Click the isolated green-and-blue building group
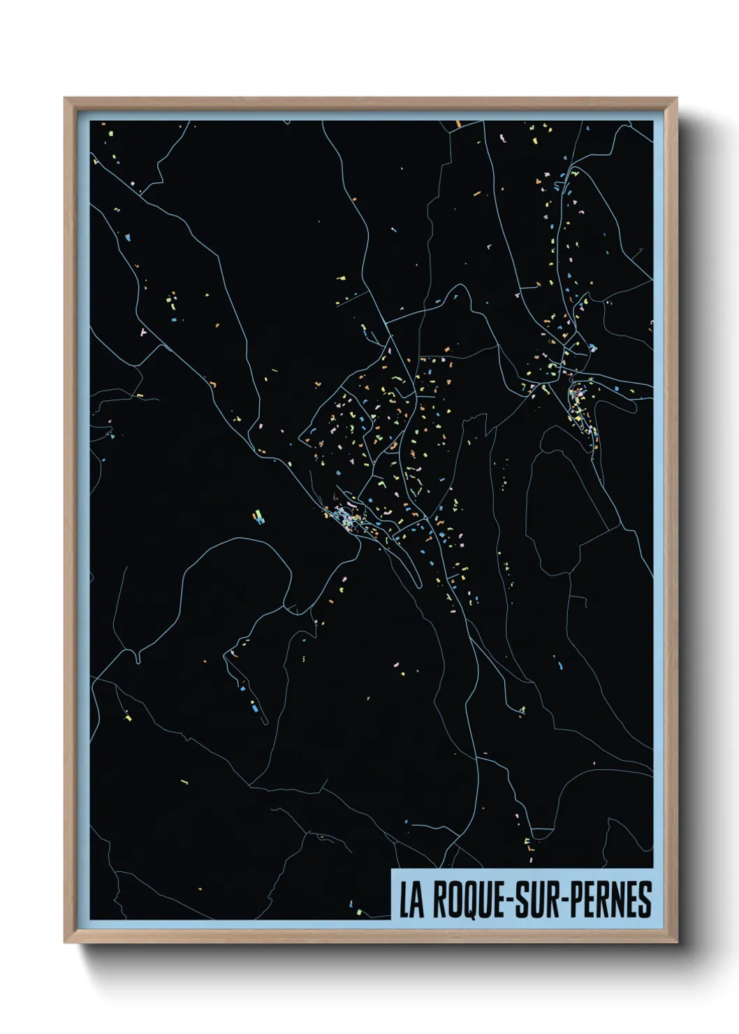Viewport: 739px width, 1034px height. pyautogui.click(x=259, y=518)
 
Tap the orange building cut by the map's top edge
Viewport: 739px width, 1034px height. pyautogui.click(x=459, y=124)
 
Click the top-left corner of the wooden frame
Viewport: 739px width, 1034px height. pyautogui.click(x=65, y=99)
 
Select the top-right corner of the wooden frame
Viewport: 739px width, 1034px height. pyautogui.click(x=677, y=99)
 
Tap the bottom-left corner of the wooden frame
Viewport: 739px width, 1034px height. pyautogui.click(x=65, y=942)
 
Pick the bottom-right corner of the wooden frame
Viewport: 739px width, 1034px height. pyautogui.click(x=677, y=942)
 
